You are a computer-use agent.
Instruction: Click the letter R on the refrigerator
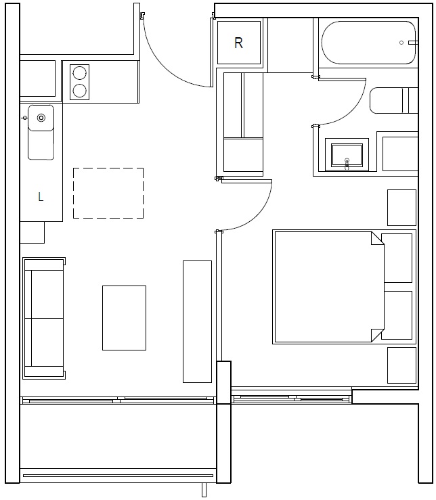pos(238,43)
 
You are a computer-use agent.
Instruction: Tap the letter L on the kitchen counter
pos(41,197)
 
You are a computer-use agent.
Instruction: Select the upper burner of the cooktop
pos(79,73)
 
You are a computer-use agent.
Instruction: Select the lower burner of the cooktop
pos(79,91)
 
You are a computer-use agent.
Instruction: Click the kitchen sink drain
pos(41,118)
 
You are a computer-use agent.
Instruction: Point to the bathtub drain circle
pos(401,43)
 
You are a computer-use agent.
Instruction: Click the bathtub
pos(369,43)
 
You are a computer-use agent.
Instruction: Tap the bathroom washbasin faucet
pos(347,164)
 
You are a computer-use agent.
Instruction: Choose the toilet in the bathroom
pos(394,100)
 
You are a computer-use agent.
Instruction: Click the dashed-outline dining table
pos(108,194)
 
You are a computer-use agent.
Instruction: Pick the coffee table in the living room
pos(124,318)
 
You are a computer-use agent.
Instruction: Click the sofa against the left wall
pos(44,318)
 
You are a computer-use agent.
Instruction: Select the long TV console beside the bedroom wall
pos(197,321)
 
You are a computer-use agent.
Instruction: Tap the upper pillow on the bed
pos(397,258)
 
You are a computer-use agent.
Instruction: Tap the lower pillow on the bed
pos(397,315)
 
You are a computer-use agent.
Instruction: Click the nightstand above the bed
pos(402,208)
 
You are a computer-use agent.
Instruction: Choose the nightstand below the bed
pos(402,365)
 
